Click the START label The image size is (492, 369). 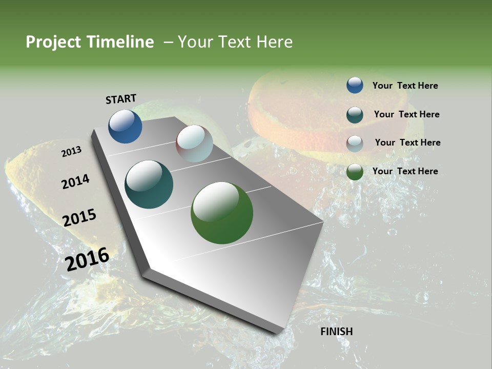[121, 99]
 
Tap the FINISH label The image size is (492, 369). [336, 332]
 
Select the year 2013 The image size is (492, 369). [71, 152]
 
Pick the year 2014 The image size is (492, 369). [75, 181]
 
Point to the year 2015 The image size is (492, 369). [79, 218]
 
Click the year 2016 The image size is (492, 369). [87, 259]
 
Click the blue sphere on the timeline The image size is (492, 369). [125, 127]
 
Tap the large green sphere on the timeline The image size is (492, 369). [222, 213]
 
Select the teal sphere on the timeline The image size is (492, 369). [149, 184]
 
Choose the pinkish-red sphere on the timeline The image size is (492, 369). [194, 143]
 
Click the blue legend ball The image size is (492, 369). [355, 86]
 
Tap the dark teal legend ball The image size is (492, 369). [355, 114]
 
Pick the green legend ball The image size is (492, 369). [355, 172]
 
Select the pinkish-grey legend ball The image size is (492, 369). [355, 143]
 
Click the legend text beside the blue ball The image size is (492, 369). [405, 86]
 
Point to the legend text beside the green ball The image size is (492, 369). [405, 171]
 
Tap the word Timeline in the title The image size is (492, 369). [120, 42]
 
